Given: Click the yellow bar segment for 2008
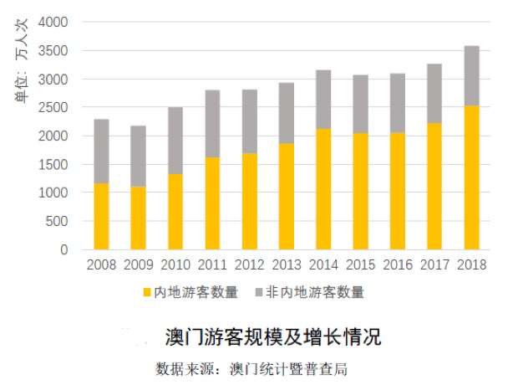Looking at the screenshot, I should pyautogui.click(x=101, y=216).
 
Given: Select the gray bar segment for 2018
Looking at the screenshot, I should pyautogui.click(x=471, y=75).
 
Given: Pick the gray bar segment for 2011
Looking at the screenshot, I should pyautogui.click(x=212, y=123).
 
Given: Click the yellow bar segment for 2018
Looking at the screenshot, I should pyautogui.click(x=471, y=177).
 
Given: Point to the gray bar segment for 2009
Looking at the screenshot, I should pyautogui.click(x=138, y=156).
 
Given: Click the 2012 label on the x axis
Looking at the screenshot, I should pyautogui.click(x=249, y=264).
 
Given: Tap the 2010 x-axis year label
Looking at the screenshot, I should pyautogui.click(x=175, y=264).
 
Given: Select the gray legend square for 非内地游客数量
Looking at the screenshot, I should pyautogui.click(x=258, y=292).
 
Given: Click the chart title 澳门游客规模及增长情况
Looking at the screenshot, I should pyautogui.click(x=273, y=337).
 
